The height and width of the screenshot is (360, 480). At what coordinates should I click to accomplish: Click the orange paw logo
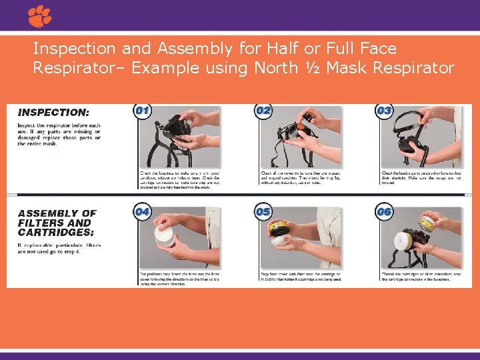point(40,16)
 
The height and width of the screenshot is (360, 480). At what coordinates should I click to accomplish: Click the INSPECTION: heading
point(53,113)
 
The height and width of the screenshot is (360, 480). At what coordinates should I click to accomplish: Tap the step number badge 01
point(142,111)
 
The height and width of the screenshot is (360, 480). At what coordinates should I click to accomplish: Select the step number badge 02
point(263,111)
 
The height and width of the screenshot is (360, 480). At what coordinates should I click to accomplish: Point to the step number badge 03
point(384,111)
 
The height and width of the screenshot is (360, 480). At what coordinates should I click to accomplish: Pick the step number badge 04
point(142,212)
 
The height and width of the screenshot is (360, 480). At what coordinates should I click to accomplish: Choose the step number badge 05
point(263,212)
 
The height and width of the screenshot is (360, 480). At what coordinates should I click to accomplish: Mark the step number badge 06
point(384,212)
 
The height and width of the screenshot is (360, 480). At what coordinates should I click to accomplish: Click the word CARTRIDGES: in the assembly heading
point(56,232)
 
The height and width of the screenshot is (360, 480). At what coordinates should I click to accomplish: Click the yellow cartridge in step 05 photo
point(281,230)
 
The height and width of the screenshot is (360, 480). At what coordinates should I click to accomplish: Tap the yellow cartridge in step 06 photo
point(427,224)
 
